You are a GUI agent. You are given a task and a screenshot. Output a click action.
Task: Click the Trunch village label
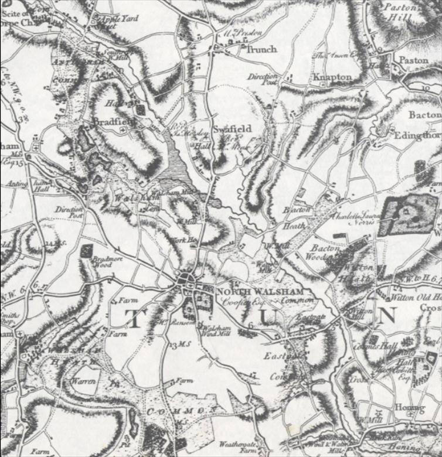(261, 49)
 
